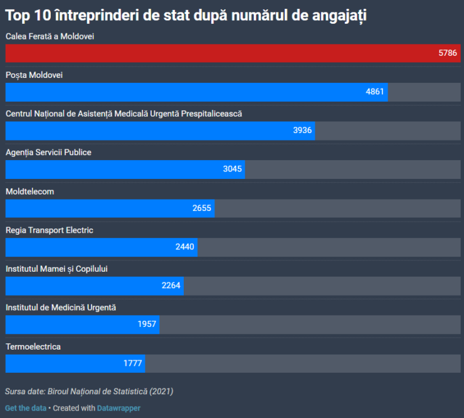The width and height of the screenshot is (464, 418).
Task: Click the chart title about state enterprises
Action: [x=186, y=16]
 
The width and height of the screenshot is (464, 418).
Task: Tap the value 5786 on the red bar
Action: [x=448, y=53]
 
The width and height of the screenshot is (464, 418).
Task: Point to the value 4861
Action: [x=374, y=92]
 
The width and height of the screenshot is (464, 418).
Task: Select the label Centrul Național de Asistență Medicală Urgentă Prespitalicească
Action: [x=124, y=114]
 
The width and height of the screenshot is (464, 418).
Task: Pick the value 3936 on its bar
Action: [x=302, y=131]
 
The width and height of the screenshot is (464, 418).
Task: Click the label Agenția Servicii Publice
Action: [x=48, y=153]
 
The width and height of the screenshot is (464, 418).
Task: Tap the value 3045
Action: [x=232, y=169]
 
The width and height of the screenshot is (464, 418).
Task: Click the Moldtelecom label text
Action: [x=29, y=191]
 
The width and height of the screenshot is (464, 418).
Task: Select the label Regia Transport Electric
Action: [x=50, y=230]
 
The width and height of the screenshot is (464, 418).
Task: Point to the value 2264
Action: [x=171, y=286]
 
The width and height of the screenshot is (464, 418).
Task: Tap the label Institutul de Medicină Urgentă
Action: [x=61, y=308]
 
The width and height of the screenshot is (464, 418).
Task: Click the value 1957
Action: [x=147, y=324]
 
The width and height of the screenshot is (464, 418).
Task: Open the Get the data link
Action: [x=26, y=408]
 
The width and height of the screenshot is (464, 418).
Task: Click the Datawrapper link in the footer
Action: [x=119, y=408]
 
